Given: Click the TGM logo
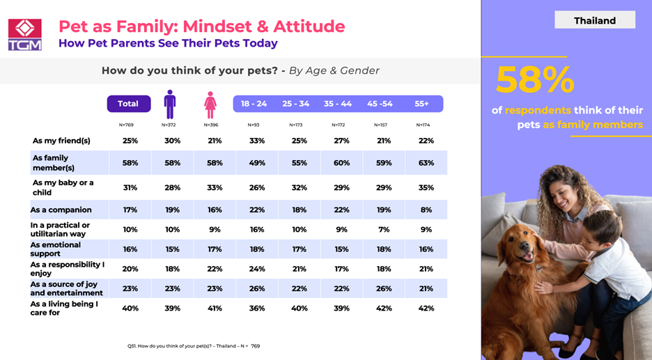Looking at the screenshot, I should [x=24, y=34].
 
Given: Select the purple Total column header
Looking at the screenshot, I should [x=128, y=104].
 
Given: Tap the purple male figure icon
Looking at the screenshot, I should [x=169, y=104].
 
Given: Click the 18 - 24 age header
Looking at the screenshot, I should [x=254, y=104].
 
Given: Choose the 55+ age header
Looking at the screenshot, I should [x=422, y=104].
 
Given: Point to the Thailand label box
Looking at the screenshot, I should [x=594, y=20].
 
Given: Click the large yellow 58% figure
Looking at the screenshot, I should [x=535, y=80].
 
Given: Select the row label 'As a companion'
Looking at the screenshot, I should [x=61, y=210].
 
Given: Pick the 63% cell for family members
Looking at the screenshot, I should [x=426, y=163].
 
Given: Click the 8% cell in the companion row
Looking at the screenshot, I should [x=426, y=210].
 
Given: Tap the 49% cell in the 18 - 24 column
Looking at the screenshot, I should [x=258, y=163].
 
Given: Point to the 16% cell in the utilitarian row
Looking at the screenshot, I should [x=258, y=230].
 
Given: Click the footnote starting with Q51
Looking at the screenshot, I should [x=194, y=346].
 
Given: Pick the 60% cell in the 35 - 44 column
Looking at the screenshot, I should [x=341, y=163].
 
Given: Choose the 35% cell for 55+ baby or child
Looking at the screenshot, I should [x=426, y=187].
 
